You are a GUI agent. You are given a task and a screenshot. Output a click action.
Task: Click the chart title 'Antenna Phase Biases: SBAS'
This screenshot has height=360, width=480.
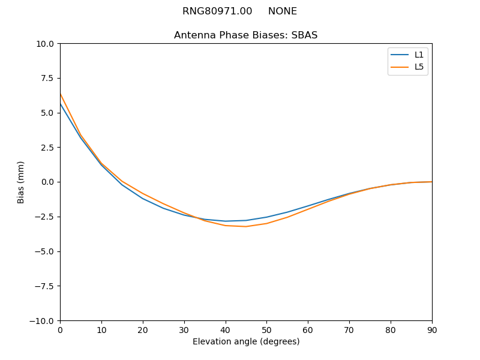coord(245,35)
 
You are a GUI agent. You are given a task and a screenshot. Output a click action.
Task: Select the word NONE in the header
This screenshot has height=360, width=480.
coord(282,11)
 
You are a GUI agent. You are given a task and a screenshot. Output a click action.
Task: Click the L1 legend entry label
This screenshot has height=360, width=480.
coord(419,55)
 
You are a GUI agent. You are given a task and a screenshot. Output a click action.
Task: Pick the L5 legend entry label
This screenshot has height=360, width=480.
coord(419,67)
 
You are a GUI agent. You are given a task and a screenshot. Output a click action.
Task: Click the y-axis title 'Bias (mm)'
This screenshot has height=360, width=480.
coord(21,182)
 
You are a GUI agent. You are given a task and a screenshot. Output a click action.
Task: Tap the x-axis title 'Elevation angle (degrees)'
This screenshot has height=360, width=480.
coord(246,341)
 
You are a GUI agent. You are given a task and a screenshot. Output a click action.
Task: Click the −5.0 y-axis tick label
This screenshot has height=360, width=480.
coord(46,251)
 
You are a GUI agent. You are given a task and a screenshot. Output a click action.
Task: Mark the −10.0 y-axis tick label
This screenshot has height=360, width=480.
coord(44,320)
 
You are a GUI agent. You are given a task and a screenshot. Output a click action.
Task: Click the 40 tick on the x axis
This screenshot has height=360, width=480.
coord(225,329)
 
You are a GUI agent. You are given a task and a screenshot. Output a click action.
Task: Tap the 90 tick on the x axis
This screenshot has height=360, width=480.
coord(432,329)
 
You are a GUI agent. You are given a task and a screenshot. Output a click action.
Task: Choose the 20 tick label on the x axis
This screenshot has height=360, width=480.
coord(143,329)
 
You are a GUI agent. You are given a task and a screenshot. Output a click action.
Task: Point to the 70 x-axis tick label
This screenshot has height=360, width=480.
coord(349,329)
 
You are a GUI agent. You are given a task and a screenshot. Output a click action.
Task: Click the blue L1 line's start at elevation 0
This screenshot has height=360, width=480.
coord(61,104)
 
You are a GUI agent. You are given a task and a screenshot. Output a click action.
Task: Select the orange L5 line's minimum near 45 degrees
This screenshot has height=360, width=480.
coord(246,226)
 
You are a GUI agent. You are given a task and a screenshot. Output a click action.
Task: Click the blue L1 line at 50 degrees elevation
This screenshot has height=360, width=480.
coord(266,217)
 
